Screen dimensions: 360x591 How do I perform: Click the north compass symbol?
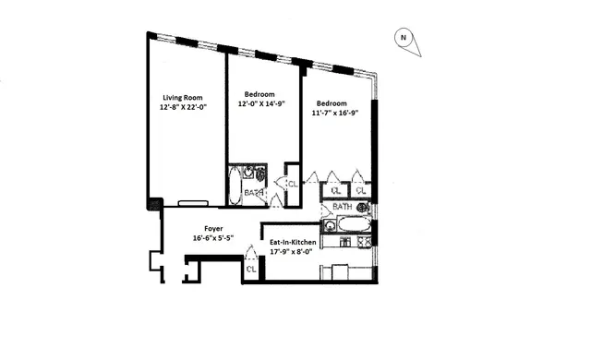point(404,39)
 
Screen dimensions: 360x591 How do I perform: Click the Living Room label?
point(182,98)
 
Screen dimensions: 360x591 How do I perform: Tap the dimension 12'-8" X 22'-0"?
point(182,108)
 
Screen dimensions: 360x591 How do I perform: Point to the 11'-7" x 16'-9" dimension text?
point(332,113)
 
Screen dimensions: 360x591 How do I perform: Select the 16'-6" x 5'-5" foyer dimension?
point(215,238)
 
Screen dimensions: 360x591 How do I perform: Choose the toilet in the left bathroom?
point(261,175)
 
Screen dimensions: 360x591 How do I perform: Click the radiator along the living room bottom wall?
point(193,201)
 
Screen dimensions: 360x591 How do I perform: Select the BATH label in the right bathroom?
point(343,207)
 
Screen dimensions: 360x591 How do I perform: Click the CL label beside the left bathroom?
point(291,184)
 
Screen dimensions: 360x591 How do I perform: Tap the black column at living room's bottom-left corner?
point(156,204)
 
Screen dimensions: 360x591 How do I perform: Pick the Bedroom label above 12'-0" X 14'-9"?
point(259,94)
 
